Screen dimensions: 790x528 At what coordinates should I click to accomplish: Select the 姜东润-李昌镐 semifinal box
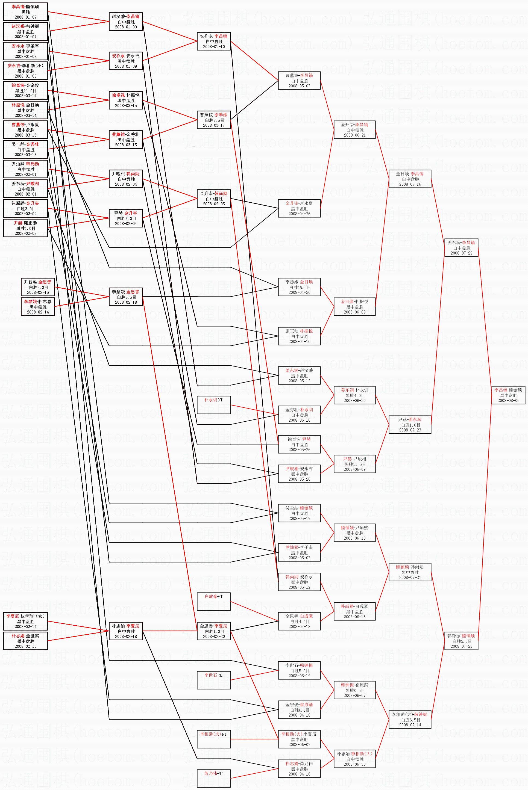(461, 248)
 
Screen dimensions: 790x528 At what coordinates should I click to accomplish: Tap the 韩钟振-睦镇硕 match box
(461, 641)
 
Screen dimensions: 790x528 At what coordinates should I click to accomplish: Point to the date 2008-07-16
(410, 184)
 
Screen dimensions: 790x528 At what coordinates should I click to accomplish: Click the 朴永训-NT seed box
(213, 405)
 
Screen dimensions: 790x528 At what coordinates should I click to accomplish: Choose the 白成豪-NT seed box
(213, 602)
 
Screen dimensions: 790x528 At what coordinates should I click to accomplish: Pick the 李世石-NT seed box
(213, 680)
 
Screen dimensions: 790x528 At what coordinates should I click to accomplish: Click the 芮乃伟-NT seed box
(213, 779)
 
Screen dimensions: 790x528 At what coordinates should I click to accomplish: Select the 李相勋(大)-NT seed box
(213, 739)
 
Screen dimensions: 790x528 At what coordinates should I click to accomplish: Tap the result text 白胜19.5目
(299, 287)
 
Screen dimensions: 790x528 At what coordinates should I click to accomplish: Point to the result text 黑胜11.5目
(354, 464)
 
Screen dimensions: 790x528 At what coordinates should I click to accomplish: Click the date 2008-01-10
(214, 47)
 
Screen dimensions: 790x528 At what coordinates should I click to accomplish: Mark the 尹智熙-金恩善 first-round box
(38, 287)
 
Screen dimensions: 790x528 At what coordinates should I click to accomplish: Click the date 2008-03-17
(214, 125)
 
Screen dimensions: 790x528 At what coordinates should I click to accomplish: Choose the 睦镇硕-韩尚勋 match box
(410, 572)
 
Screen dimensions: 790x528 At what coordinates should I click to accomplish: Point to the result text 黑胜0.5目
(354, 690)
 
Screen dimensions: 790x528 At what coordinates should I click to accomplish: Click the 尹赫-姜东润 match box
(410, 425)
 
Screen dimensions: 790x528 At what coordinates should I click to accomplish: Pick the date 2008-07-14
(410, 725)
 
